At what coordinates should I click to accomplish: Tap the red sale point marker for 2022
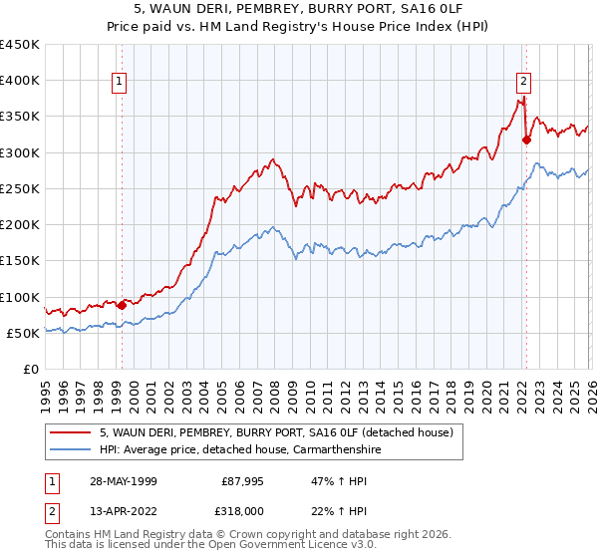525,139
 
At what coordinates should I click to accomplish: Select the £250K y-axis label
20,188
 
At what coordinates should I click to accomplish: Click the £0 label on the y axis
31,369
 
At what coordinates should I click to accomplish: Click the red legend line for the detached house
72,432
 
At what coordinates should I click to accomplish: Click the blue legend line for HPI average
72,450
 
